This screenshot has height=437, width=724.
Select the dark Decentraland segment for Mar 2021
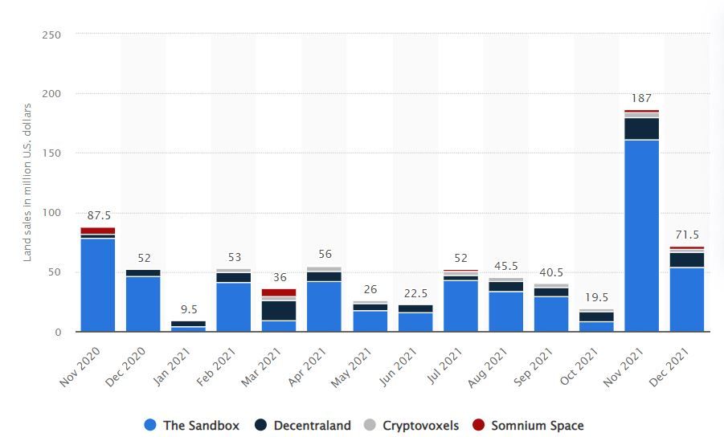[279, 310]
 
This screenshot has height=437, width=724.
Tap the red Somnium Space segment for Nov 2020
[97, 231]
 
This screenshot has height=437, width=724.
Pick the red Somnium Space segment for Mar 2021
[279, 292]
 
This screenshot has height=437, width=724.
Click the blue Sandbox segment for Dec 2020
[143, 304]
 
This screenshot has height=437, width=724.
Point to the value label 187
[641, 99]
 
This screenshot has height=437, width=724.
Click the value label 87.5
[97, 216]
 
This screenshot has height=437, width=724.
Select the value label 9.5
[188, 310]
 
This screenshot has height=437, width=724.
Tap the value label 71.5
[686, 235]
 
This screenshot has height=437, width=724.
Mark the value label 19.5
[596, 298]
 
